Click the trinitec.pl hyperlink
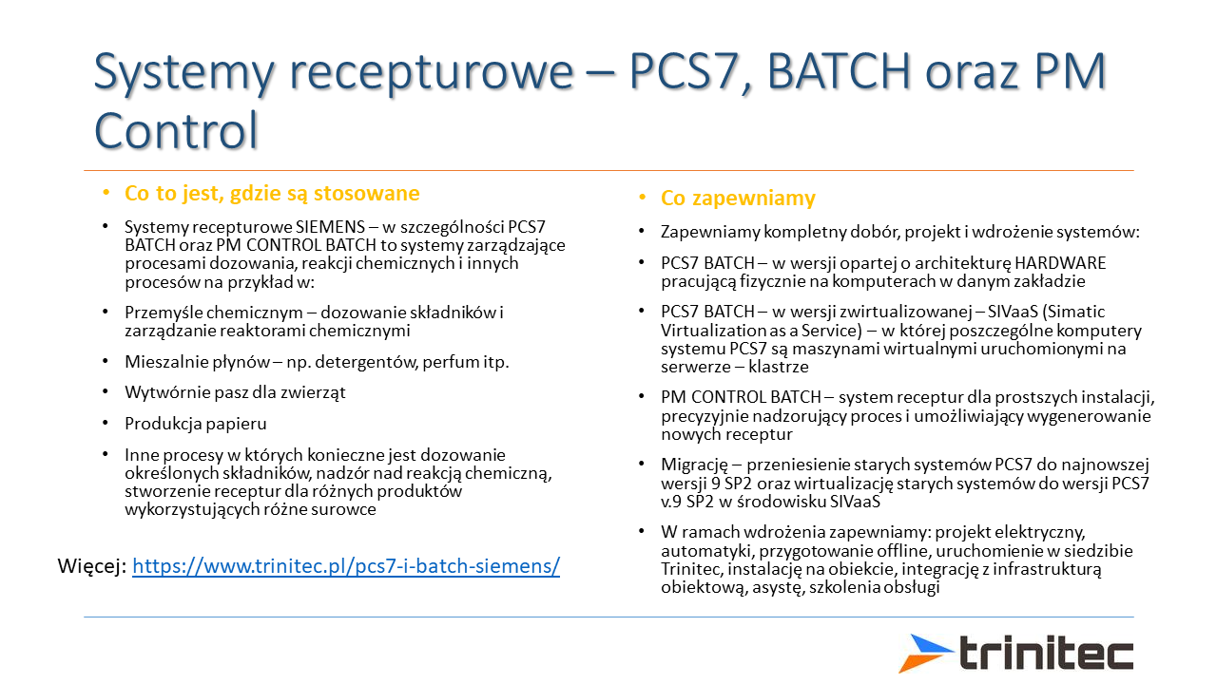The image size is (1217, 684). click(346, 566)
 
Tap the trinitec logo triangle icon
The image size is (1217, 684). click(925, 653)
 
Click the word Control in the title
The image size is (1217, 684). click(176, 130)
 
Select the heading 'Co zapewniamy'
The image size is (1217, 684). click(738, 199)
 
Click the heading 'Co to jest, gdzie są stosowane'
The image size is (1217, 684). click(272, 193)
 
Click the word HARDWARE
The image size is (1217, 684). click(1060, 263)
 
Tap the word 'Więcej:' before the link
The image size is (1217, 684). click(92, 566)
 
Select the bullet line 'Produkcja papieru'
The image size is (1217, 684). click(196, 424)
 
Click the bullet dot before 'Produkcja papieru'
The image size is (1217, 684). click(106, 423)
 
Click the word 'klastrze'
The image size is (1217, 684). click(779, 367)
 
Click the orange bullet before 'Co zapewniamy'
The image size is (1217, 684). click(642, 198)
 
